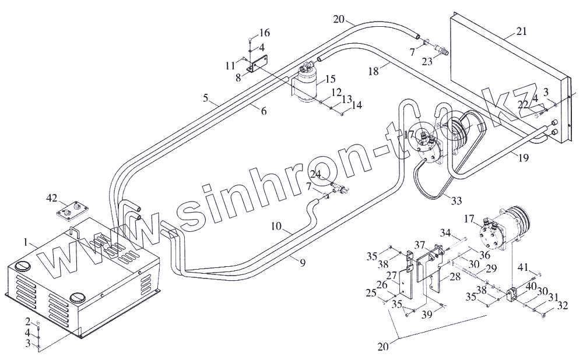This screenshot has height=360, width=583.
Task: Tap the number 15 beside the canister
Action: point(330,79)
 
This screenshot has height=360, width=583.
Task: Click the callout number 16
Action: point(264,32)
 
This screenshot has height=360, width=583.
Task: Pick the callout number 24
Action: point(315,174)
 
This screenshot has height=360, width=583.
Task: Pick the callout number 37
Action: point(420,243)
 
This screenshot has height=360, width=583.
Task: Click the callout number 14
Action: point(356,105)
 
